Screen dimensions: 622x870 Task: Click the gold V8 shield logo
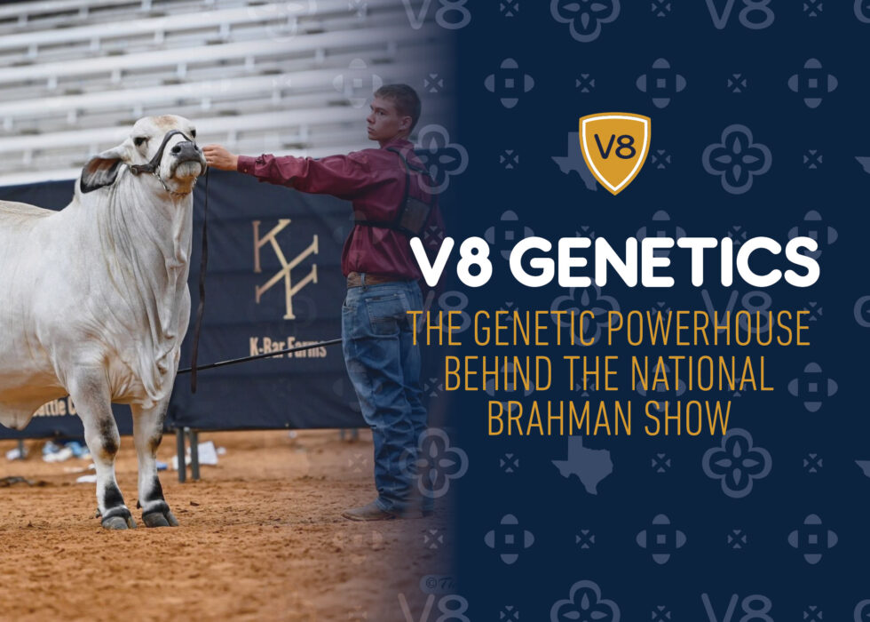click(614, 152)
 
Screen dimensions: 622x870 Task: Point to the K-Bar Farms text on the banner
click(287, 346)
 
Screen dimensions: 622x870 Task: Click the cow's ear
click(99, 172)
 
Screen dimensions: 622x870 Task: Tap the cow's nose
click(187, 150)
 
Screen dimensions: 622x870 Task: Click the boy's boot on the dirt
click(368, 511)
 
